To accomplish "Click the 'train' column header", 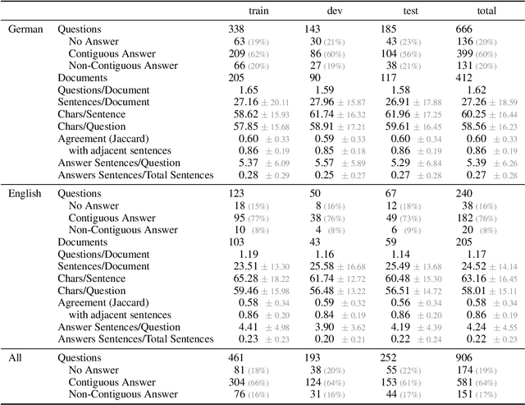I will point(244,7).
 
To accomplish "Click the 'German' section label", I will point(26,29).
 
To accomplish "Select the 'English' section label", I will point(26,194).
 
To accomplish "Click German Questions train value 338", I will point(237,29).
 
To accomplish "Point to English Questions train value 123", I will point(237,194).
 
